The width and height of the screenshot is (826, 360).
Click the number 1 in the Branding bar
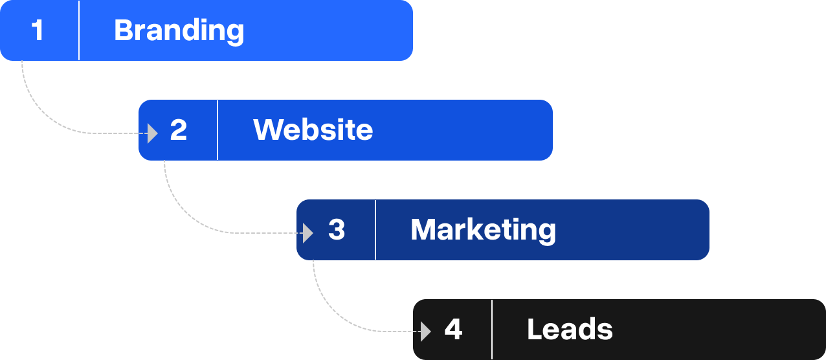coord(38,30)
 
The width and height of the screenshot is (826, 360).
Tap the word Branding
coord(179,30)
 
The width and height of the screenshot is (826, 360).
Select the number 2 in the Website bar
coord(178,130)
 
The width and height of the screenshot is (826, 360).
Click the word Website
coord(313,130)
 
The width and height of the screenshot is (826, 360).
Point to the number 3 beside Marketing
coord(336,230)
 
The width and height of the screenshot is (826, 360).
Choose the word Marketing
coord(483,230)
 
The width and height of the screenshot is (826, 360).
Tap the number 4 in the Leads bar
coord(453,330)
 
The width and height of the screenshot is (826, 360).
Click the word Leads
coord(570,330)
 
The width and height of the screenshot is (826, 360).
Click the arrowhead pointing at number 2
coord(153,133)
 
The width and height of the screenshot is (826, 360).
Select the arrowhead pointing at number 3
coord(308,232)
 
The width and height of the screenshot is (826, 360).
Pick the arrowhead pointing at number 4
coord(425,332)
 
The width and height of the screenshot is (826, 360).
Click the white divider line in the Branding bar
coord(79,30)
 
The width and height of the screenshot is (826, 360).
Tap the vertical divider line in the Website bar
coord(218,130)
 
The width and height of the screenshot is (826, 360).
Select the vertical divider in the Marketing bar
coord(375,230)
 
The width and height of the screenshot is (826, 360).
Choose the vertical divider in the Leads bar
coord(492,330)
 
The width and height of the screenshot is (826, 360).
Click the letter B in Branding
coord(123,30)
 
